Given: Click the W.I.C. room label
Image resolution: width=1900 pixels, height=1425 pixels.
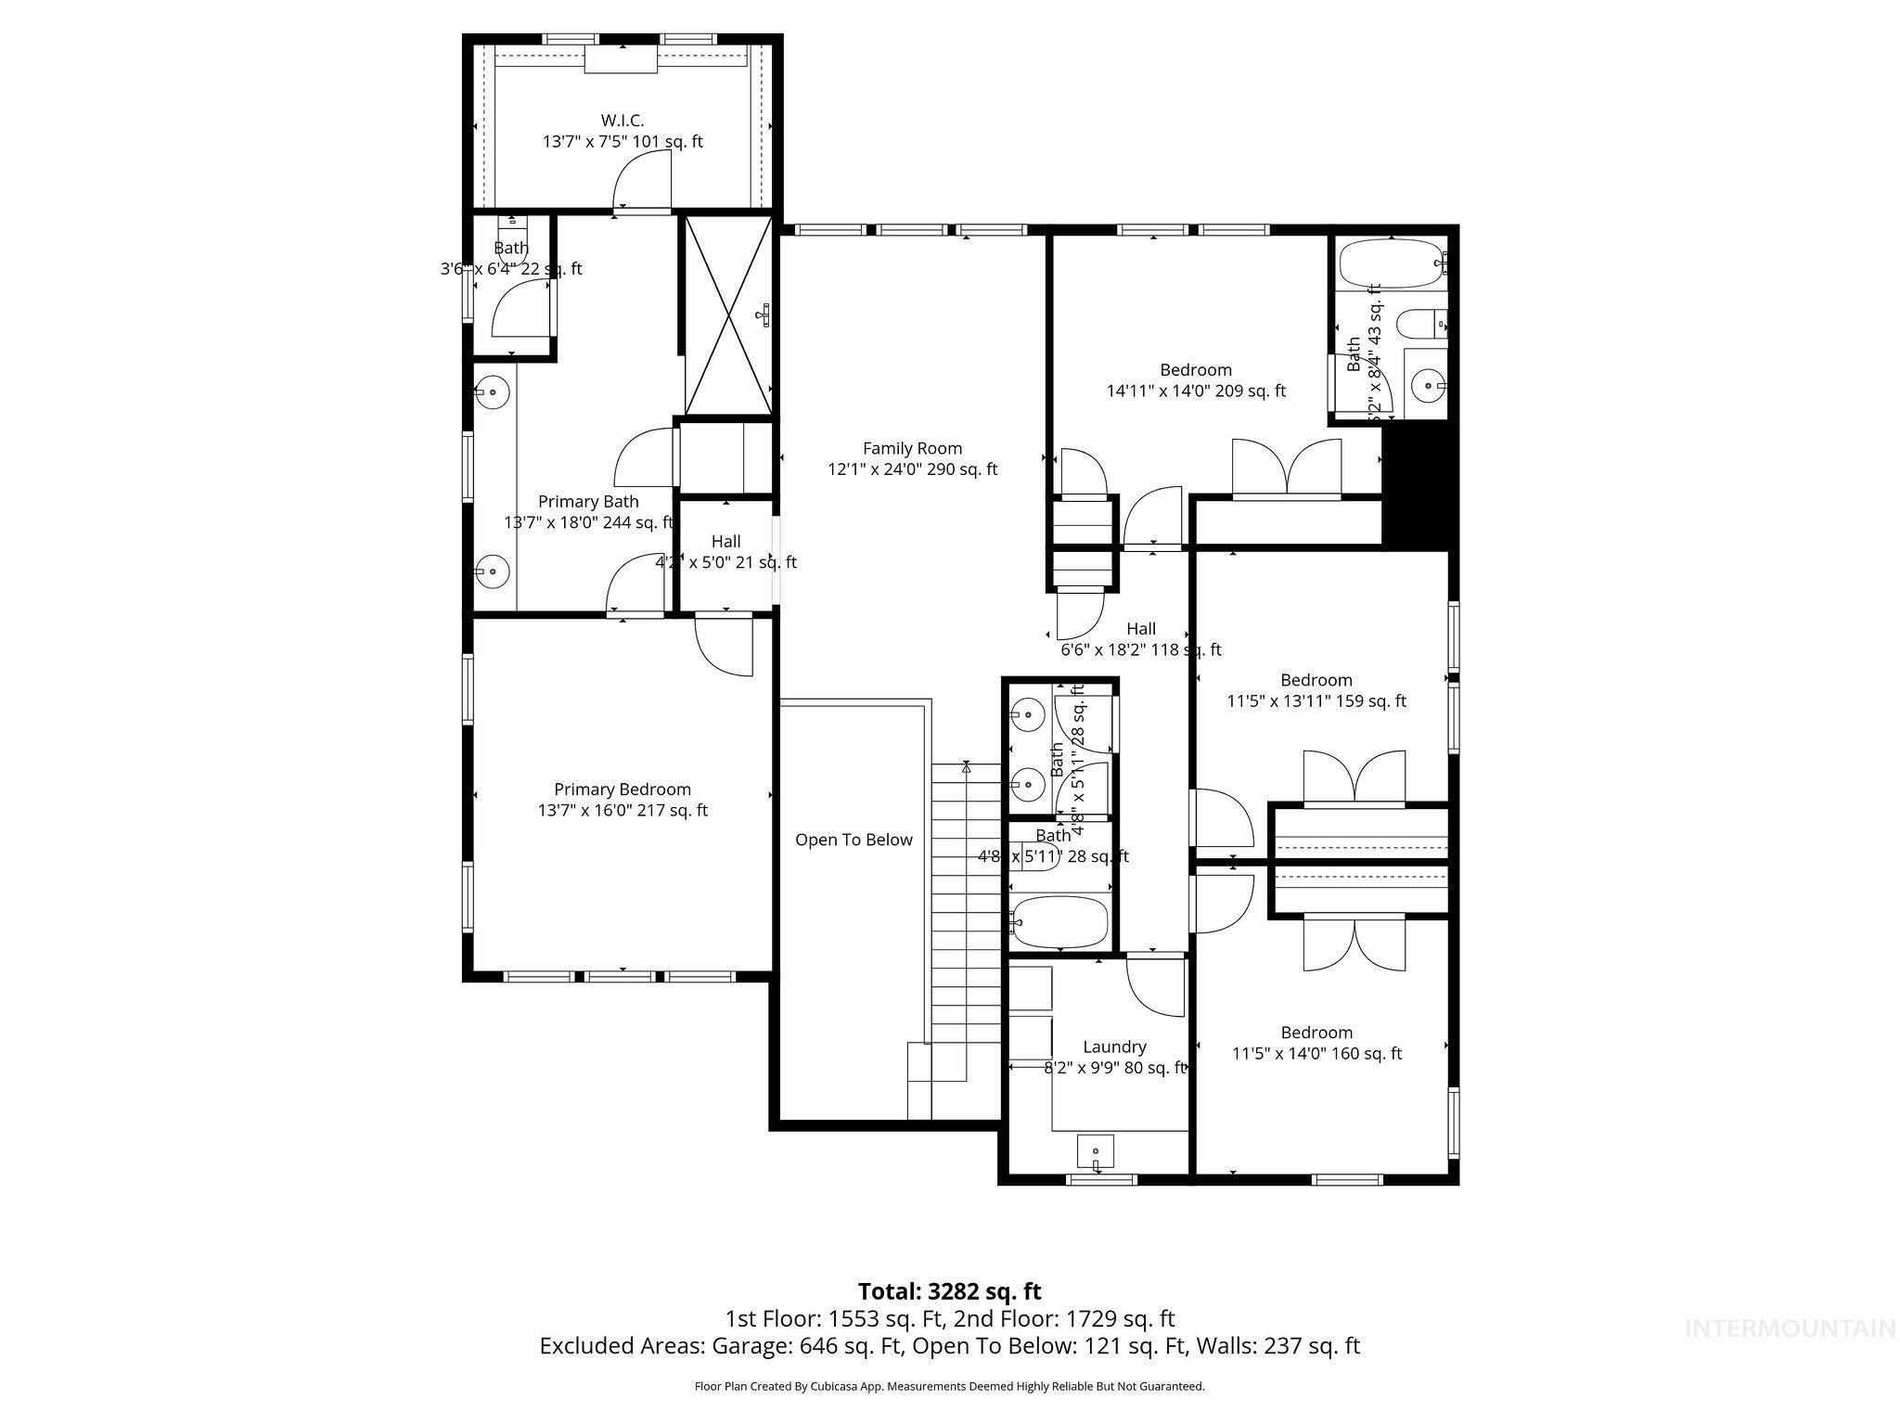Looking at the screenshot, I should point(622,121).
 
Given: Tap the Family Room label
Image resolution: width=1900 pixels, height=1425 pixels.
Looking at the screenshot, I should point(912,448).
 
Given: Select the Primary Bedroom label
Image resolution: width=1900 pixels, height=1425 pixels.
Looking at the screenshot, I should point(623,790).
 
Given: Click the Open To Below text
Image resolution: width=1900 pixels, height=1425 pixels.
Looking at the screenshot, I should point(854,840).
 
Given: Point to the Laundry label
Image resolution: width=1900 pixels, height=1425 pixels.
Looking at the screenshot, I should point(1114,1046).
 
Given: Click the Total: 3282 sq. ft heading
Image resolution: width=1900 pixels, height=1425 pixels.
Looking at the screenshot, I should point(949,1291).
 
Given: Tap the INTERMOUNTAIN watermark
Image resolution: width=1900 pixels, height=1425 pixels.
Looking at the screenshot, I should point(1790,1329).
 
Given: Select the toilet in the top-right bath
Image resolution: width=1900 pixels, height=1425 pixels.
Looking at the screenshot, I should point(1419,324).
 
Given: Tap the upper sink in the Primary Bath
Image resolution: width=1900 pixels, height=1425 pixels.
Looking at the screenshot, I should point(493,393).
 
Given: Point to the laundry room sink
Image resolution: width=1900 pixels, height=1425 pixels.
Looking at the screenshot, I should point(1096,1151).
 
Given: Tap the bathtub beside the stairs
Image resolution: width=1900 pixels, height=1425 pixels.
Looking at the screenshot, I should point(1059,921).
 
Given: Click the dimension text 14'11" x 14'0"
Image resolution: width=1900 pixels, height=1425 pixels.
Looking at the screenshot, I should point(1196,391).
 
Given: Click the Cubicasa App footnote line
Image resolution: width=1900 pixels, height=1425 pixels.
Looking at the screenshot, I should point(949,1387).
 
